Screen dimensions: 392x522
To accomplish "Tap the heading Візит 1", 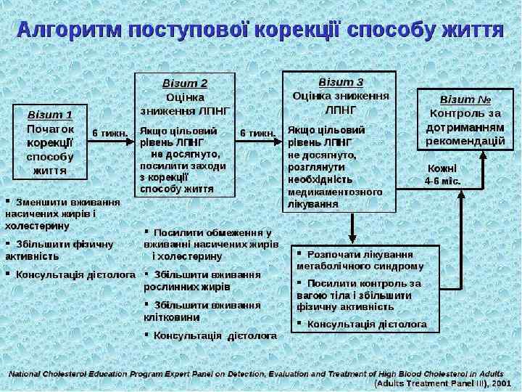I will [x=50, y=114].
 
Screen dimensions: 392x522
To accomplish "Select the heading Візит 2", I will [x=184, y=83].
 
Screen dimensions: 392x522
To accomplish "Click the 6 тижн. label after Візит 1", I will [x=110, y=133].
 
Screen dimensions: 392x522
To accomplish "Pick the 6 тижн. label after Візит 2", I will [x=258, y=133].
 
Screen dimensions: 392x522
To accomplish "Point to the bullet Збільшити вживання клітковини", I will [x=203, y=311].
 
